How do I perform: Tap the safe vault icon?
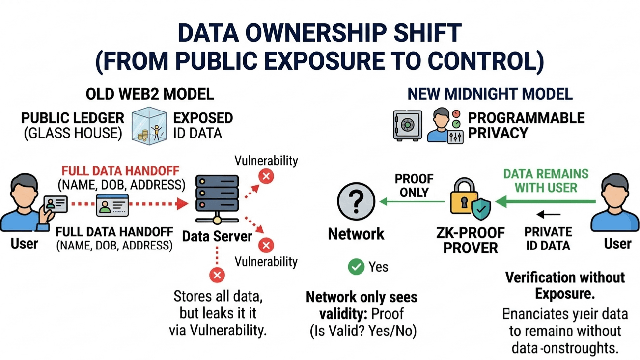pos(407,126)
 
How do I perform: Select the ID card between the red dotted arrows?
pos(111,203)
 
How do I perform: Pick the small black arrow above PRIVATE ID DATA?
pos(548,214)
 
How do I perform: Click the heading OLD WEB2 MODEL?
pos(150,94)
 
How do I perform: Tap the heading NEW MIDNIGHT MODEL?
pos(490,94)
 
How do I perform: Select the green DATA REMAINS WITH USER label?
pos(546,180)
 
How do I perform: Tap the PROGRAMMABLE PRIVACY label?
pos(526,125)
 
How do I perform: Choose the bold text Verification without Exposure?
pos(565,285)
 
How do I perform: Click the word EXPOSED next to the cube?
pos(203,118)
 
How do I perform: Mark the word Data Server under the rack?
pos(217,236)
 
